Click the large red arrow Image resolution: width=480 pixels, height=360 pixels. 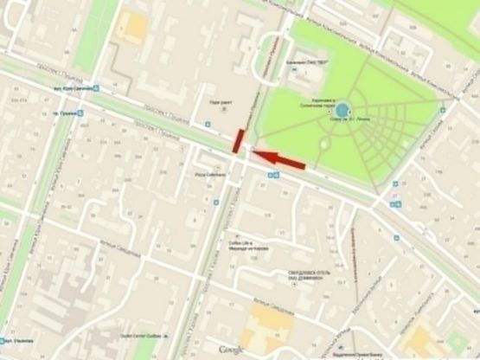[x=281, y=158]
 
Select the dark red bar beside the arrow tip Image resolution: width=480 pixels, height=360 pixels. [x=238, y=141]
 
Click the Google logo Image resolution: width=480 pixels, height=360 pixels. [x=230, y=349]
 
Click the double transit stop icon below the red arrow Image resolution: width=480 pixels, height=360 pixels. [x=272, y=175]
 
